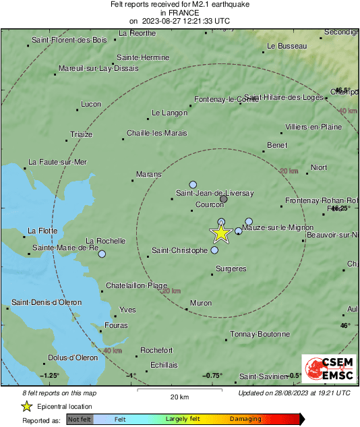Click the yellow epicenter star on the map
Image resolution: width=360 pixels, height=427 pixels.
tap(220, 233)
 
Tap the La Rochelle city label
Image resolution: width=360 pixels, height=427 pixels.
tap(106, 241)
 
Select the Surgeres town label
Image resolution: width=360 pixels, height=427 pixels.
tap(231, 269)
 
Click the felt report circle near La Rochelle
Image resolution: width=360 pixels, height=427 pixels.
tap(102, 254)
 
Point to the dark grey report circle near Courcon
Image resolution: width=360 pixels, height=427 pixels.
tap(224, 199)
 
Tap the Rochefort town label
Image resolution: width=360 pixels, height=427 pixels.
tap(156, 350)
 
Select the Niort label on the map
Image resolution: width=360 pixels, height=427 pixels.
tap(318, 167)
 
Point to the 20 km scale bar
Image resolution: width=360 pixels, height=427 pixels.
tap(179, 390)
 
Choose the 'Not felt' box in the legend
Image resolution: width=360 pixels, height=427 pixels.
tap(79, 420)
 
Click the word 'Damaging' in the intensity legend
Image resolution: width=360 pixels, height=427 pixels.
tap(245, 420)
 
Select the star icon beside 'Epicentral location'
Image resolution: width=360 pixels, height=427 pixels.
tap(26, 406)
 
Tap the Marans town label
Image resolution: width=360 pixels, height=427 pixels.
tap(149, 175)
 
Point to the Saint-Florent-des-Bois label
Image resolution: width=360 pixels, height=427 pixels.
tap(69, 40)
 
